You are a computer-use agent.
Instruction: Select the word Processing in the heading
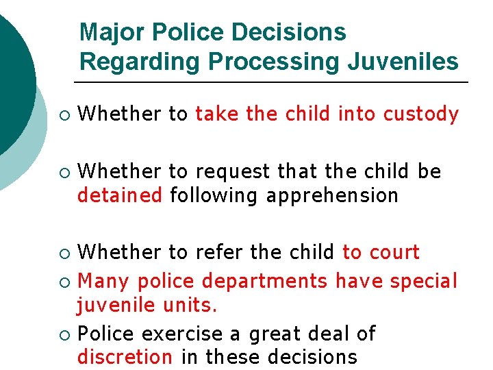tap(273, 62)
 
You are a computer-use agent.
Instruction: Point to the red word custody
tap(420, 114)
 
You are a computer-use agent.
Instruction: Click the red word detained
tap(120, 196)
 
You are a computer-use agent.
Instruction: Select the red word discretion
tap(125, 357)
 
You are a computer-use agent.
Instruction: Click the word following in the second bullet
tap(214, 196)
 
